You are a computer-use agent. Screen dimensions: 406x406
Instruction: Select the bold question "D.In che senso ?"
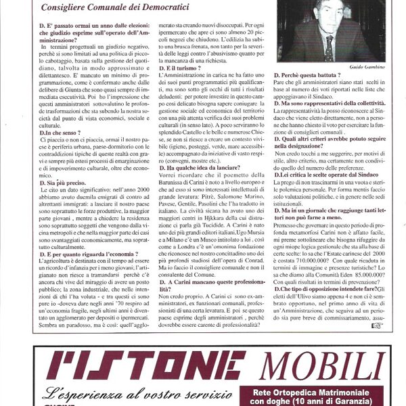(62, 133)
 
